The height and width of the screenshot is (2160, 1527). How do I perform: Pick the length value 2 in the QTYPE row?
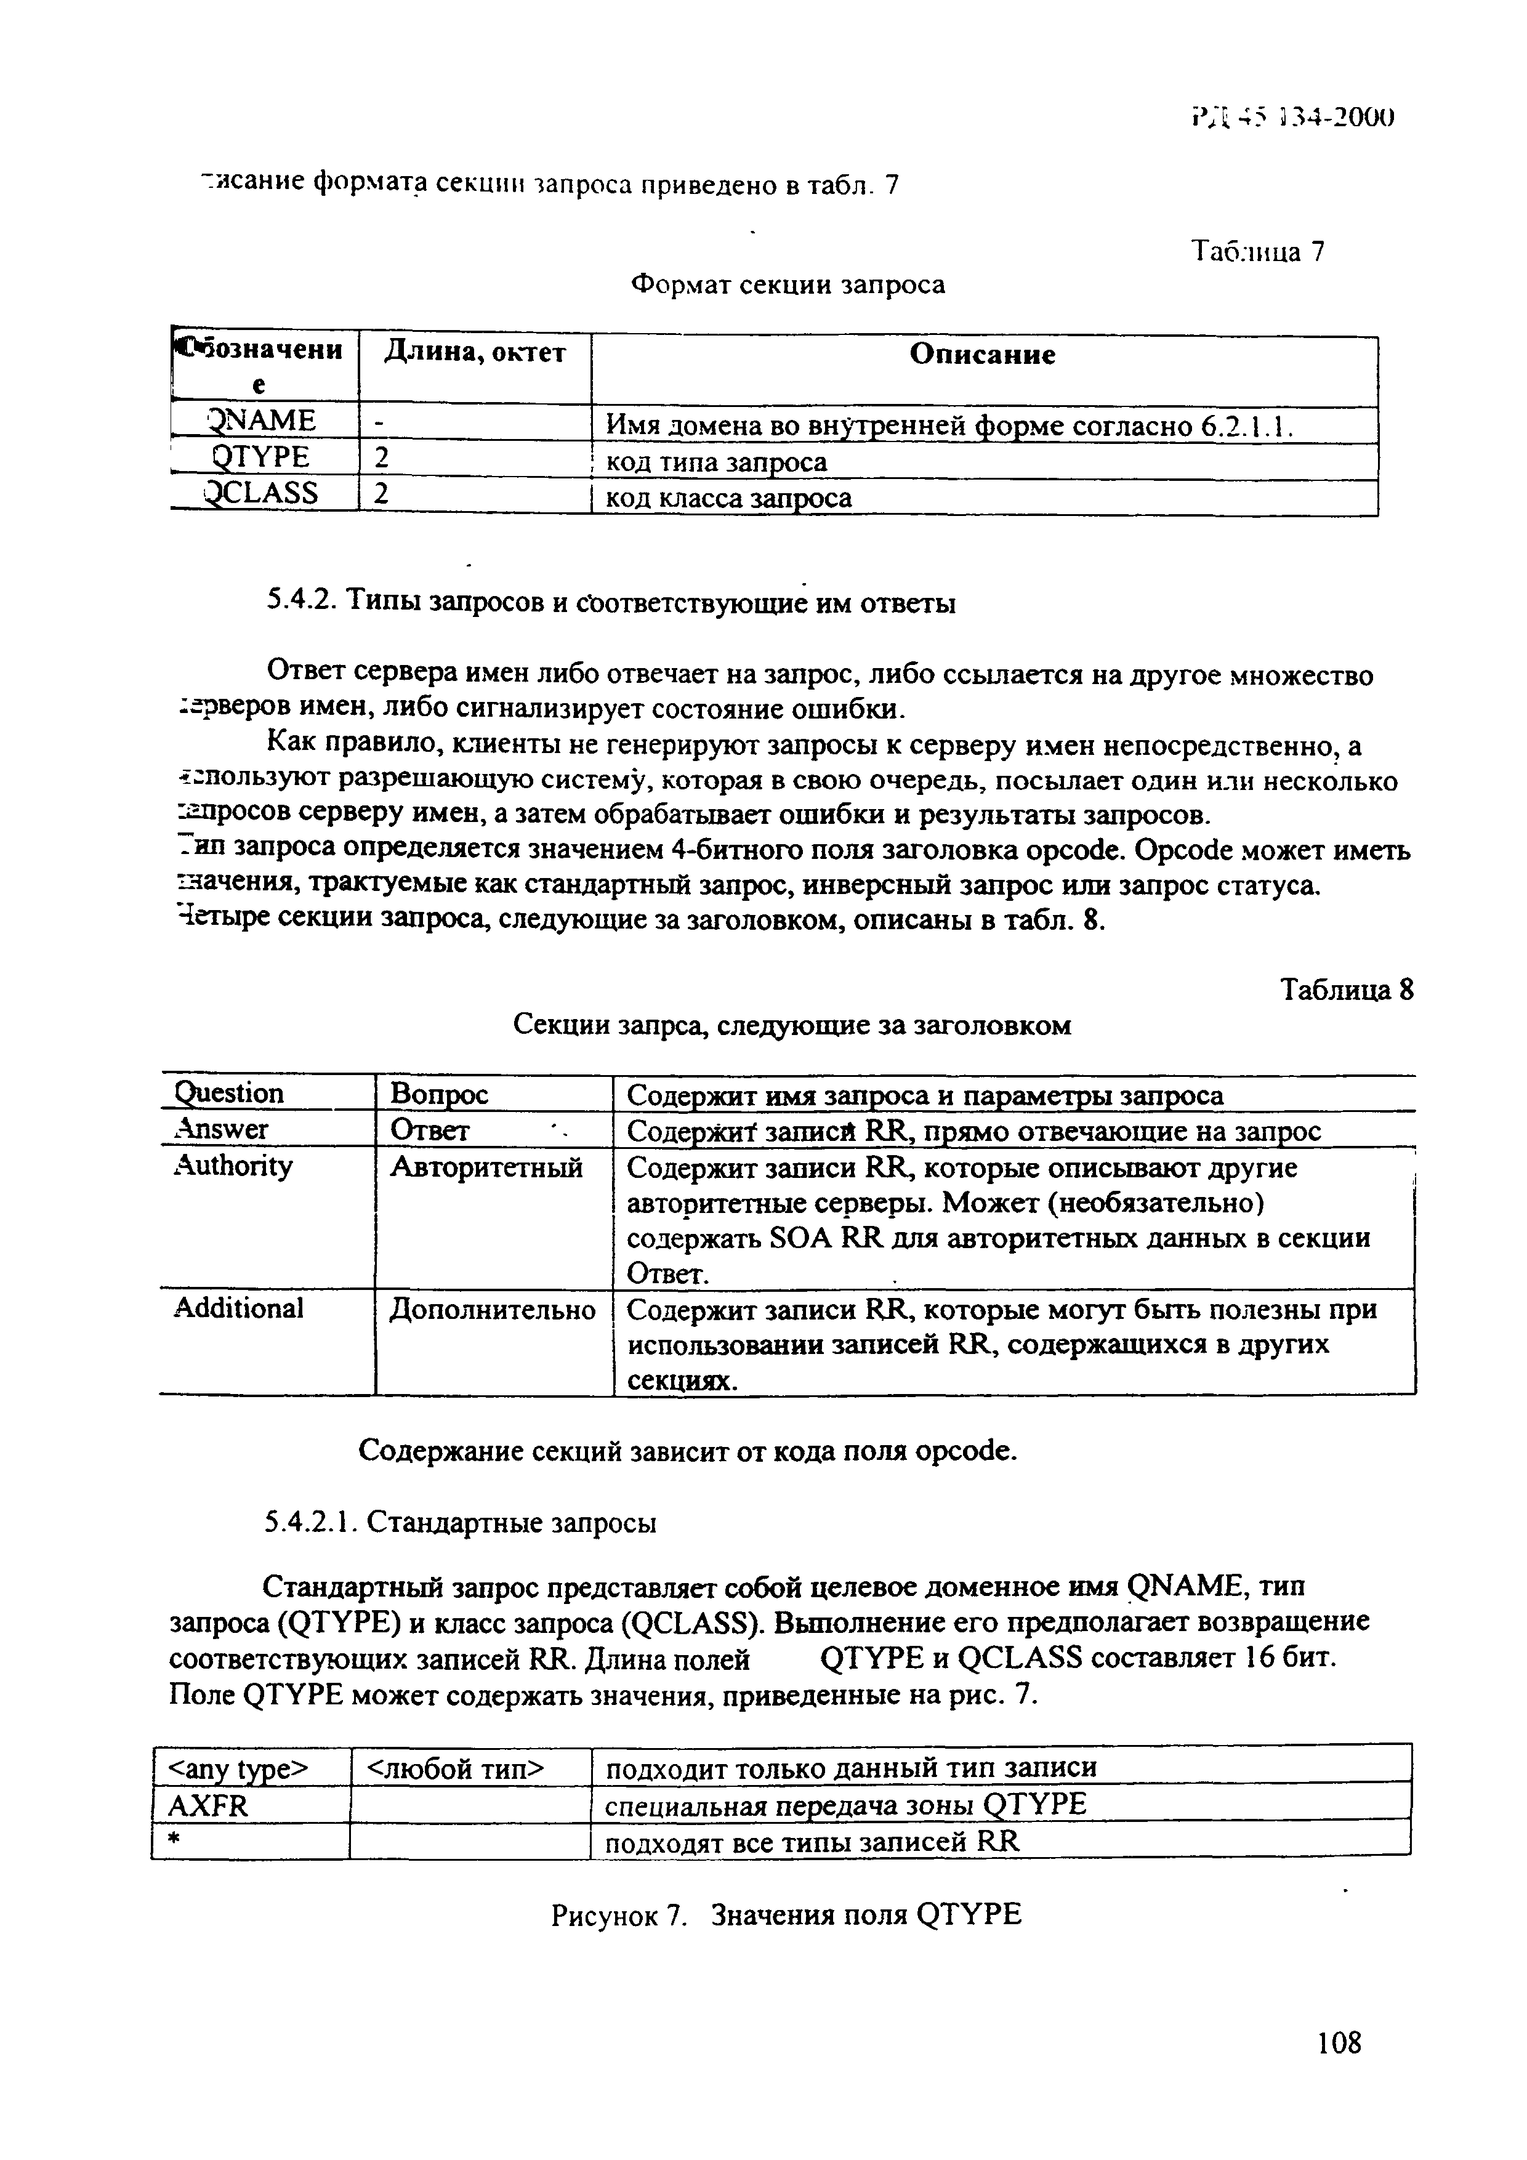381,458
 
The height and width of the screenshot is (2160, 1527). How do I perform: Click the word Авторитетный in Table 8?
486,1167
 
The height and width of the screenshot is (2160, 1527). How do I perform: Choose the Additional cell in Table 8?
239,1308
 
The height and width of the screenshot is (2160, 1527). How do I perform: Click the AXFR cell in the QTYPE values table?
208,1804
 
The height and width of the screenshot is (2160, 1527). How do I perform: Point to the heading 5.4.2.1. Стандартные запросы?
460,1521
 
